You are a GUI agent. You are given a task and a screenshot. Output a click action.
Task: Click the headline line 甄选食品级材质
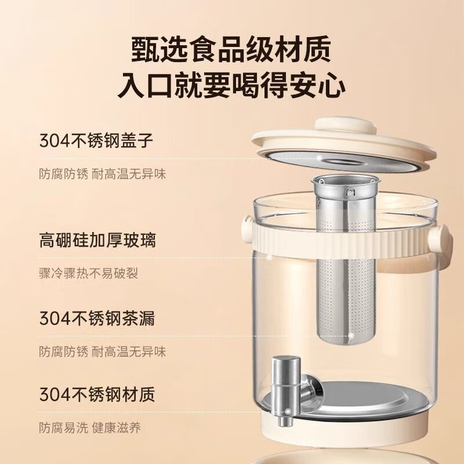231,49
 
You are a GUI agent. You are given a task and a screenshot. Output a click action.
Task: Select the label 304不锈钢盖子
96,140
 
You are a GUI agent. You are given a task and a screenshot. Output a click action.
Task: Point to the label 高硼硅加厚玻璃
97,240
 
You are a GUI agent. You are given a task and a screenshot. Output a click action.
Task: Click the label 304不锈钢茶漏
97,318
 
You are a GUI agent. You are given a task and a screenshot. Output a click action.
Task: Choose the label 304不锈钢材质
97,394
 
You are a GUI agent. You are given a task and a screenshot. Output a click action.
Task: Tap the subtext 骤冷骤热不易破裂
89,273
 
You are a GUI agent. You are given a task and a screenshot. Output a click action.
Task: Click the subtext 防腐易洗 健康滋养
90,428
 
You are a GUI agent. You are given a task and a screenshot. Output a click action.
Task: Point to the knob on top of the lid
345,126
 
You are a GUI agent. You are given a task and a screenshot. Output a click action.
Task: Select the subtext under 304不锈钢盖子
103,174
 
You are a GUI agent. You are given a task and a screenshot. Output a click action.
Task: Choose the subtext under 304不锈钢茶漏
103,352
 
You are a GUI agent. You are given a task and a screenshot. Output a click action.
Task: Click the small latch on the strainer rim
351,192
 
